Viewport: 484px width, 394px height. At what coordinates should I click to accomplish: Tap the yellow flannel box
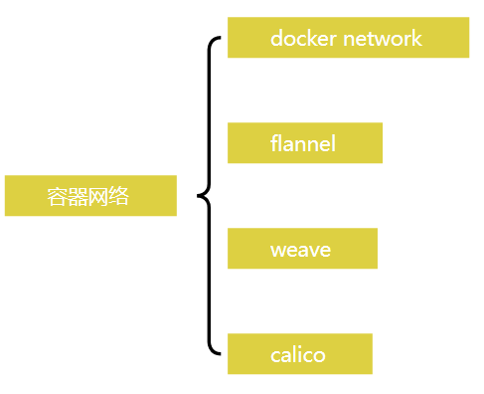click(x=304, y=143)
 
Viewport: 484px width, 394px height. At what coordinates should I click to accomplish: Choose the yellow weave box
click(x=302, y=249)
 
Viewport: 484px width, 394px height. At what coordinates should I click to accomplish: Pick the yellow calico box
click(x=299, y=354)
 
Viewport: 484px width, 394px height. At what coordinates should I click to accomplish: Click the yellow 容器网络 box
click(x=90, y=196)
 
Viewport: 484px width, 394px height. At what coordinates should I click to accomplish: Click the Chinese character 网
click(x=99, y=196)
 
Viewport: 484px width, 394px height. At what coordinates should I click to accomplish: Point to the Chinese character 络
click(x=120, y=196)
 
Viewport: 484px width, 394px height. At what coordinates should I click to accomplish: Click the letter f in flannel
click(x=274, y=143)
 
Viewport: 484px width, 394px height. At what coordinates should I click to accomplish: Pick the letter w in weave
click(x=277, y=250)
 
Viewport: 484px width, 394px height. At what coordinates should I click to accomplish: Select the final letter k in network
click(x=417, y=39)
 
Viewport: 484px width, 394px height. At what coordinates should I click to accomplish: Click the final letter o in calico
click(x=319, y=355)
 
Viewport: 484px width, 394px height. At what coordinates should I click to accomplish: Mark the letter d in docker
click(x=276, y=39)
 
